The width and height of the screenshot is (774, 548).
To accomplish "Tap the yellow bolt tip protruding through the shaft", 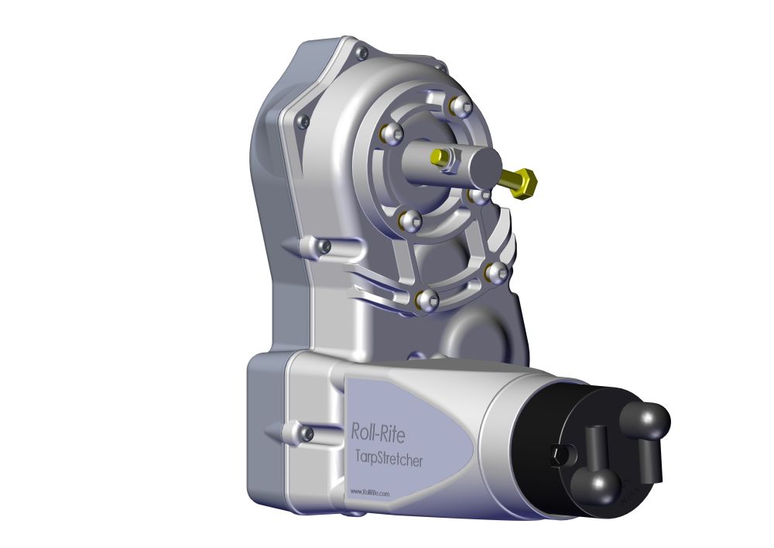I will tap(438, 157).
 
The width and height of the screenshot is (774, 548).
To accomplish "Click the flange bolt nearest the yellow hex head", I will tap(480, 195).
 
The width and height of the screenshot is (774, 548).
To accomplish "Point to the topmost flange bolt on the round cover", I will tap(462, 106).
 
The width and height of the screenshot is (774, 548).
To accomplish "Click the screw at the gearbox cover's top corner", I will tap(361, 53).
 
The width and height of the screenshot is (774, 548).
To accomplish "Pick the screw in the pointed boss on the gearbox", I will tap(325, 247).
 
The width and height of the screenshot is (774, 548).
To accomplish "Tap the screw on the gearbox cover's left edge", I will tap(303, 120).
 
